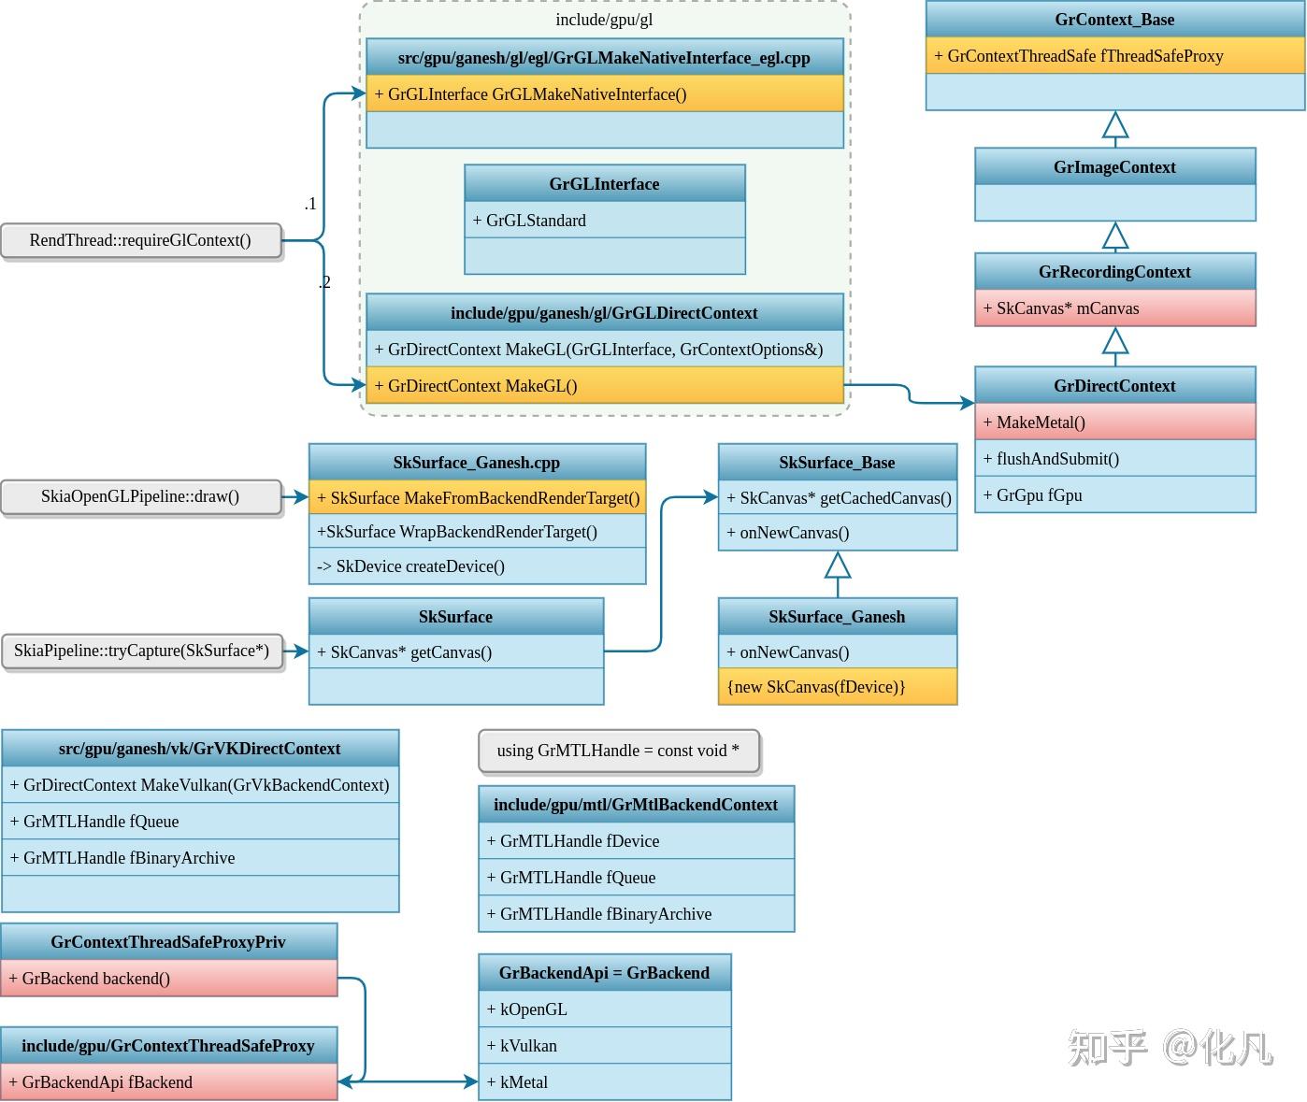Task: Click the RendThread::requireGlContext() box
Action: [140, 240]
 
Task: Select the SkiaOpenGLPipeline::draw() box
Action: [140, 497]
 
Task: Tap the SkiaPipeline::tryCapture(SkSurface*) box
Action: [141, 651]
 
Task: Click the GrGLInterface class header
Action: [604, 184]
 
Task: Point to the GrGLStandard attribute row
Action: [604, 221]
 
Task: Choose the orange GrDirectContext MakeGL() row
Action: [604, 386]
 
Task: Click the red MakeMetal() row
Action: [1114, 422]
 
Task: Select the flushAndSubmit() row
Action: [1114, 459]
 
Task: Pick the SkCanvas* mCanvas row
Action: [1114, 308]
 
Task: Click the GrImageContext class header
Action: [1114, 167]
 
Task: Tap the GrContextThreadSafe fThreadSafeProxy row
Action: [1114, 56]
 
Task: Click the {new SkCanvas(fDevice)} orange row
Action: [837, 687]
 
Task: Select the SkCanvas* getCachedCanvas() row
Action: [837, 498]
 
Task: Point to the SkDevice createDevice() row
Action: [477, 566]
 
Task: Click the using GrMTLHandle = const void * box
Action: [618, 751]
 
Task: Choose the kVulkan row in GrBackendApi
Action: [604, 1046]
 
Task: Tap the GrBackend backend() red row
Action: [168, 979]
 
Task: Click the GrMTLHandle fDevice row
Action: [636, 841]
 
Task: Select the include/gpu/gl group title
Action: [604, 20]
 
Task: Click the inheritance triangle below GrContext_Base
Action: [1114, 125]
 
